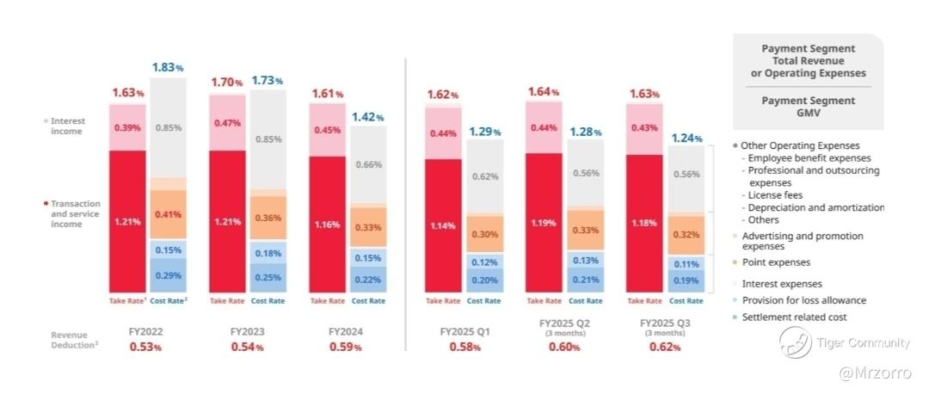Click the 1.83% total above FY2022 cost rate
(x=168, y=67)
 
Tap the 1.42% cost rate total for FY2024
(x=367, y=116)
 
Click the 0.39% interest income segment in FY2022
(x=126, y=127)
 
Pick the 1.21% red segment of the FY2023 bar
(x=227, y=221)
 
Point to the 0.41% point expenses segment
(x=169, y=214)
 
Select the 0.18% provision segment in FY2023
(x=268, y=253)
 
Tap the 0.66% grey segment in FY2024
(x=368, y=164)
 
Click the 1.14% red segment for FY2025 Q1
(x=442, y=226)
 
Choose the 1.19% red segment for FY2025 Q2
(x=544, y=222)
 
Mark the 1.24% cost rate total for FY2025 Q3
(x=686, y=137)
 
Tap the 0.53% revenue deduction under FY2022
(x=145, y=347)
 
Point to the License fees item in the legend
(x=774, y=195)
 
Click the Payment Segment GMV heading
(x=808, y=107)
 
